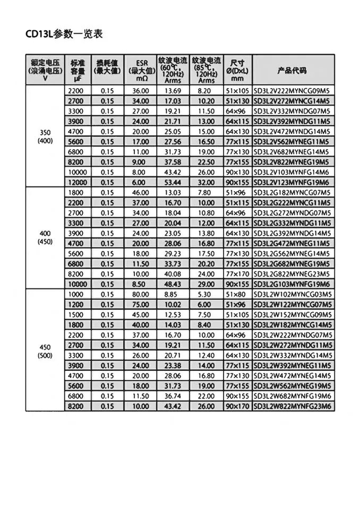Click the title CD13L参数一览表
click(x=63, y=34)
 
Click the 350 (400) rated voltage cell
click(x=45, y=137)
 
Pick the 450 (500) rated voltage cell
click(x=45, y=351)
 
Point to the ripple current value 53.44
click(x=173, y=182)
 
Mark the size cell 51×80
click(x=238, y=294)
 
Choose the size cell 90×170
click(x=238, y=406)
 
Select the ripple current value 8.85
click(x=173, y=294)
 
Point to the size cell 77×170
click(x=238, y=274)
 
